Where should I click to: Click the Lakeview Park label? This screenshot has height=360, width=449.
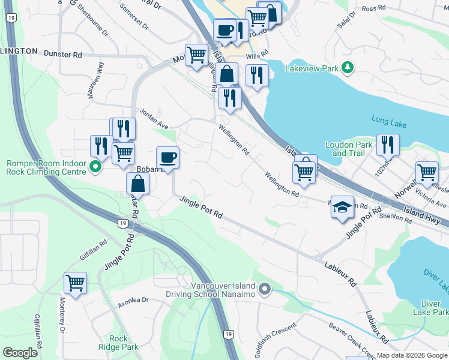(x=312, y=68)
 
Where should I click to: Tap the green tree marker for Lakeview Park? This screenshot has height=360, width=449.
(x=347, y=68)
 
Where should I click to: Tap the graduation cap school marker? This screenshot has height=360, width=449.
(x=342, y=208)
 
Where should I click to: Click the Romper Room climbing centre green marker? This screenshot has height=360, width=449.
(x=95, y=167)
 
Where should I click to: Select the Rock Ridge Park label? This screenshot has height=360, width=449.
(x=119, y=343)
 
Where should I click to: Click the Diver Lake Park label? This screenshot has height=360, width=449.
(x=430, y=307)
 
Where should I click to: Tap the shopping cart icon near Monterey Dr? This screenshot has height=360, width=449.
(x=75, y=282)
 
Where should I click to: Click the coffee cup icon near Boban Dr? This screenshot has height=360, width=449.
(x=167, y=158)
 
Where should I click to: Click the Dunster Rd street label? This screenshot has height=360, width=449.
(x=62, y=55)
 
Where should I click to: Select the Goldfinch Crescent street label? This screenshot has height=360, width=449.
(x=276, y=340)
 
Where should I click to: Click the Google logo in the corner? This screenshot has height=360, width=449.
(x=20, y=353)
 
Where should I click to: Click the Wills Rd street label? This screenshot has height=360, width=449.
(x=250, y=57)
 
